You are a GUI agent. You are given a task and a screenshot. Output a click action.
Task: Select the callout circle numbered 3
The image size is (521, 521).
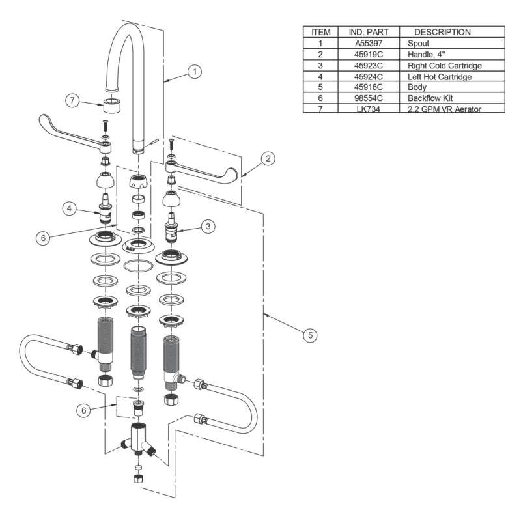pos(208,227)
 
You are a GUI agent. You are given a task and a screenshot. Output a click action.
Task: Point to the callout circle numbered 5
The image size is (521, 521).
pos(311,335)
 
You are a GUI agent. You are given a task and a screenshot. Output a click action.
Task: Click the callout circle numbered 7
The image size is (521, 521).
pos(74,101)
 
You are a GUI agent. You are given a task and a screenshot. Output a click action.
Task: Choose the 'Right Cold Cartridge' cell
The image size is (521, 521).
pos(444,66)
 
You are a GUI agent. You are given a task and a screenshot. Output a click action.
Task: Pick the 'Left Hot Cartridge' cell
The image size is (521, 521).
pos(440,77)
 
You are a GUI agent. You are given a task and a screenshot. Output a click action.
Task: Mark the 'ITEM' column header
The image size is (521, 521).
pos(321,32)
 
